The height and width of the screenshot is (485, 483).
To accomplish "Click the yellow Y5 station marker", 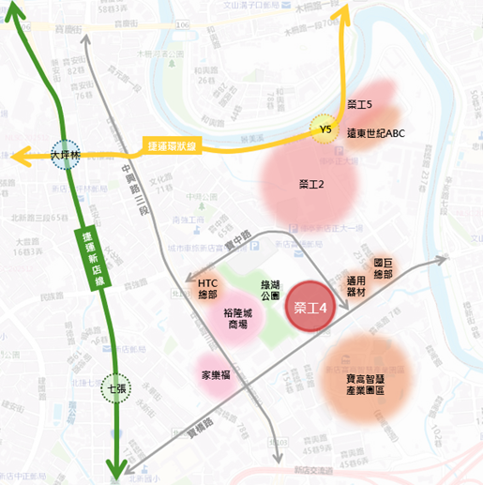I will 326,129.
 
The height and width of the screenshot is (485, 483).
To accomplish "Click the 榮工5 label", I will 359,104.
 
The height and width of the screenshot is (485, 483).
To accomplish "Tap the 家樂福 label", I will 218,374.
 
